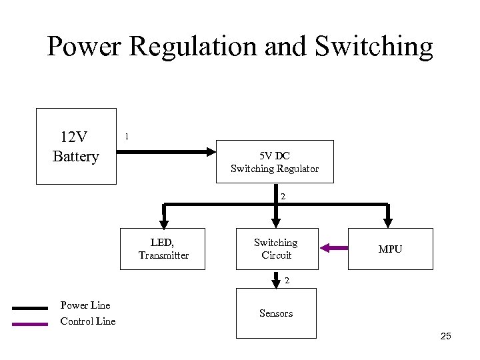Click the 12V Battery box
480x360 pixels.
pos(76,147)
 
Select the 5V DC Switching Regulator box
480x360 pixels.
pos(275,162)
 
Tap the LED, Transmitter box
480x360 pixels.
pos(163,249)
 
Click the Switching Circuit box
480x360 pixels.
pos(276,249)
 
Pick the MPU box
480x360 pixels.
pos(390,249)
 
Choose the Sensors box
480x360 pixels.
pos(276,313)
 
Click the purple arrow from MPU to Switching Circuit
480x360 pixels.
pos(334,249)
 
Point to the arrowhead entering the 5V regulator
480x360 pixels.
pos(213,152)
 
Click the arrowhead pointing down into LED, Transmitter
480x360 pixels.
pos(163,223)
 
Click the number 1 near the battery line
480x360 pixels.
pos(127,137)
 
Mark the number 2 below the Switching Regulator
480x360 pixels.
pos(283,197)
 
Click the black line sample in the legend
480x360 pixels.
pos(30,308)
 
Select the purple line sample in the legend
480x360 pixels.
pos(30,323)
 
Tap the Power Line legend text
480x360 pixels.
pos(85,305)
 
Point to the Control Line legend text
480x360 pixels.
pos(88,321)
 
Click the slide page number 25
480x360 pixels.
pos(445,336)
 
